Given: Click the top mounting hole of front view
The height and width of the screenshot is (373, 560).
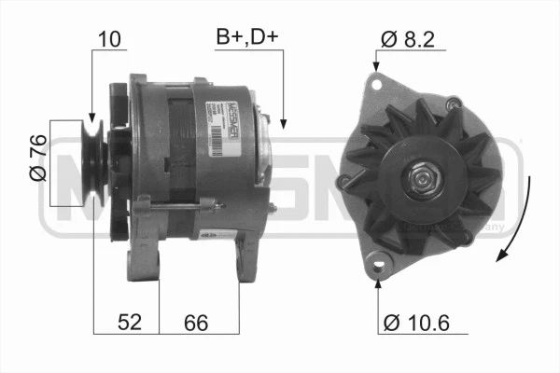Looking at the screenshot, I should pyautogui.click(x=376, y=84).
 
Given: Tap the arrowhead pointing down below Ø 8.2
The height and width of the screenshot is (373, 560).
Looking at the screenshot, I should pyautogui.click(x=376, y=67).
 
